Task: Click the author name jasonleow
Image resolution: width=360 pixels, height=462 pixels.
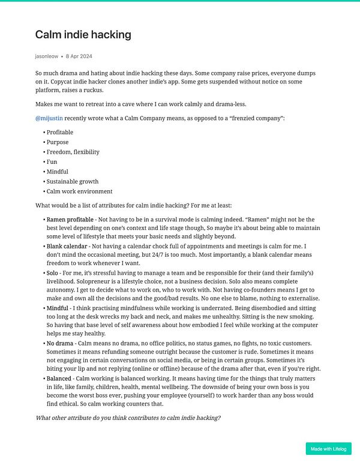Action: click(46, 56)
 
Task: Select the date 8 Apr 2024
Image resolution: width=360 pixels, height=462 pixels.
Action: click(79, 56)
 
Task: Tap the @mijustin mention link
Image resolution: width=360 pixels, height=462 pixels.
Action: click(49, 118)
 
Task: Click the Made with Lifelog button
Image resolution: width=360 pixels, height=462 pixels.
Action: click(328, 449)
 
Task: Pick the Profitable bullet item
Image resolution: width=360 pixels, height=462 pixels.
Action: click(60, 132)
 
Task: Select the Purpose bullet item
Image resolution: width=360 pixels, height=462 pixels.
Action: click(58, 142)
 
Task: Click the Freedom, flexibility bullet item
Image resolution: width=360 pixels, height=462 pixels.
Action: click(73, 152)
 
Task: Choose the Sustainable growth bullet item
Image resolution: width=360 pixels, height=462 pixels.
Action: click(73, 181)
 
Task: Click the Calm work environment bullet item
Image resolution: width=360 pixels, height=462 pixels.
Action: click(79, 191)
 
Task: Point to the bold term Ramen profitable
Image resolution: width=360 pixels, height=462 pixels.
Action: click(68, 220)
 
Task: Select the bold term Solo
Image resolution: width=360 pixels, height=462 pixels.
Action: click(53, 273)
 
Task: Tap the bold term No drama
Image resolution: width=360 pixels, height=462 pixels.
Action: click(60, 343)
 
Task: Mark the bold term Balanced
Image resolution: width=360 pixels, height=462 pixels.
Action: click(60, 379)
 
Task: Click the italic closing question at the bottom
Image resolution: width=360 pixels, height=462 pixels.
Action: click(128, 418)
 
